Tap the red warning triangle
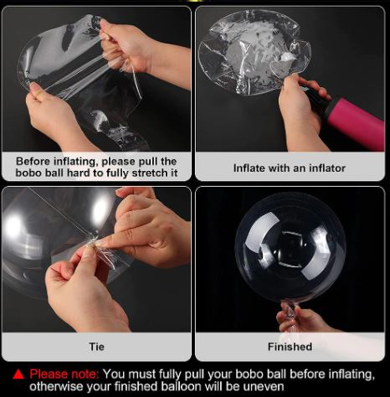pyautogui.click(x=18, y=374)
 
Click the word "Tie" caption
pyautogui.click(x=96, y=347)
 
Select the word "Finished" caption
pyautogui.click(x=290, y=347)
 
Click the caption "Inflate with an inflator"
pyautogui.click(x=290, y=168)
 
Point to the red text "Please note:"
pyautogui.click(x=64, y=374)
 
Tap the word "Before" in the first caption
pyautogui.click(x=33, y=162)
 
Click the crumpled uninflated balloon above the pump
pyautogui.click(x=253, y=52)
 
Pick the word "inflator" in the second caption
pyautogui.click(x=327, y=168)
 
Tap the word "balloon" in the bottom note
pyautogui.click(x=182, y=387)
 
